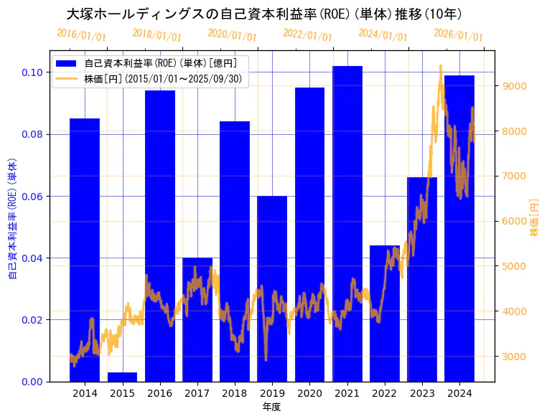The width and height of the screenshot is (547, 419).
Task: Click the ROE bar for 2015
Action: point(122,377)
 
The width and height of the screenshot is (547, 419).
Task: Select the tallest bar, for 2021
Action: point(347,222)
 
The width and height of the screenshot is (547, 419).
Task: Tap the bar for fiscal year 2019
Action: point(272,287)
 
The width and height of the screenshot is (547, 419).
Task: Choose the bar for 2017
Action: point(197,319)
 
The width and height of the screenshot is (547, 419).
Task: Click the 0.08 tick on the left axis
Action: point(31,134)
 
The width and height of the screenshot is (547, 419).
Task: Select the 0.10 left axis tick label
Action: point(31,72)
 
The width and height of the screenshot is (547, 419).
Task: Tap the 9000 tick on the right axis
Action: point(515,86)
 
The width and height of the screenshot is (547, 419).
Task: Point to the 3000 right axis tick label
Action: point(515,357)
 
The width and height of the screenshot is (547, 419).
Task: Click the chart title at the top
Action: point(264,14)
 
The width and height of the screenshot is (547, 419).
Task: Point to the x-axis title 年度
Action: point(271,407)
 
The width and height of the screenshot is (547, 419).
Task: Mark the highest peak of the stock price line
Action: point(440,65)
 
